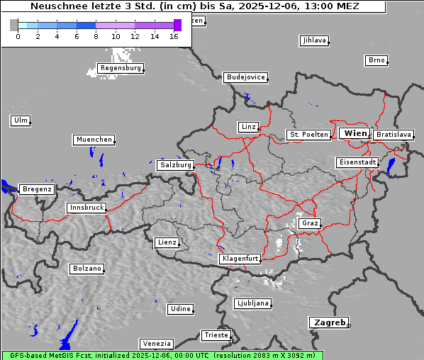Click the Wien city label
355,133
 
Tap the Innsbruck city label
87,208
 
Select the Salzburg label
175,164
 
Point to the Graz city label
310,223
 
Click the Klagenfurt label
240,259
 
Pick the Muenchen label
94,140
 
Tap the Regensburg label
121,68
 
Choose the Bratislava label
394,134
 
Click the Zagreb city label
328,322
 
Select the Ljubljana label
252,303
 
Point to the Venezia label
155,343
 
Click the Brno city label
376,60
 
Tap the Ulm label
20,120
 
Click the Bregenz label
37,189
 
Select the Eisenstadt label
357,162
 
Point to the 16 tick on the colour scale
174,36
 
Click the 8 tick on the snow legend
96,36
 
